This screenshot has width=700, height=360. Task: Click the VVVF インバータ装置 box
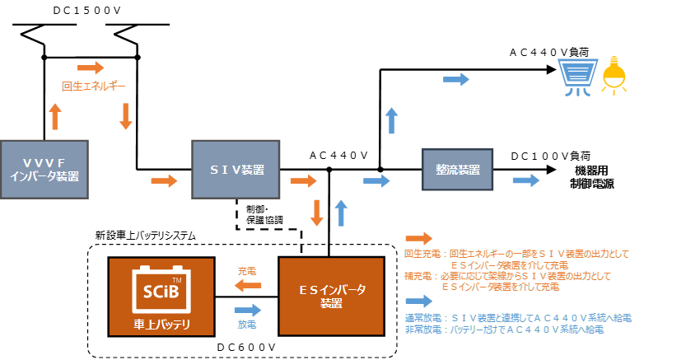click(x=44, y=170)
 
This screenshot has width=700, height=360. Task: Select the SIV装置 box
click(x=236, y=170)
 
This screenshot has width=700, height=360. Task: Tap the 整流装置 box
click(x=456, y=170)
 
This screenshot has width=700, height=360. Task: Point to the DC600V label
click(x=245, y=348)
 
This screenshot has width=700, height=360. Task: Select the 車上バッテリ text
click(x=161, y=324)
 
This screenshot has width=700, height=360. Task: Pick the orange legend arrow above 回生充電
click(x=418, y=238)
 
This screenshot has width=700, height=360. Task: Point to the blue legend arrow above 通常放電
click(x=418, y=302)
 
